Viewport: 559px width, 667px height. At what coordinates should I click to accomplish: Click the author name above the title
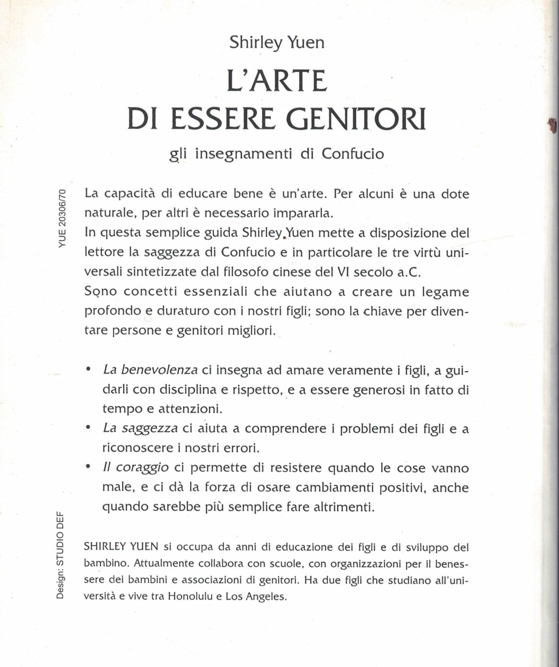click(277, 43)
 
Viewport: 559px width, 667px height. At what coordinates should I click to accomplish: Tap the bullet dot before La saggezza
click(88, 427)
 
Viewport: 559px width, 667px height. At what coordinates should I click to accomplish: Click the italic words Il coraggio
click(136, 468)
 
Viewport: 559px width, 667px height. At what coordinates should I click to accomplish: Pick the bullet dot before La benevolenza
click(88, 369)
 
